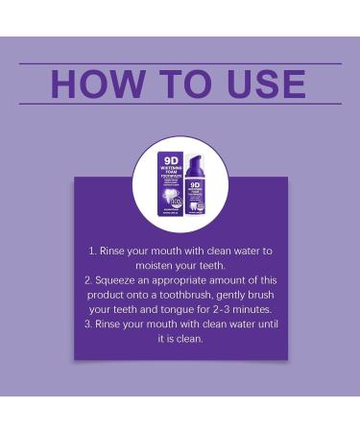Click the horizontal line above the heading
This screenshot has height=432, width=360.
pos(180,63)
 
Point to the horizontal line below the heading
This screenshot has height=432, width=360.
pos(180,104)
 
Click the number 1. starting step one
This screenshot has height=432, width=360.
pos(93,251)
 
